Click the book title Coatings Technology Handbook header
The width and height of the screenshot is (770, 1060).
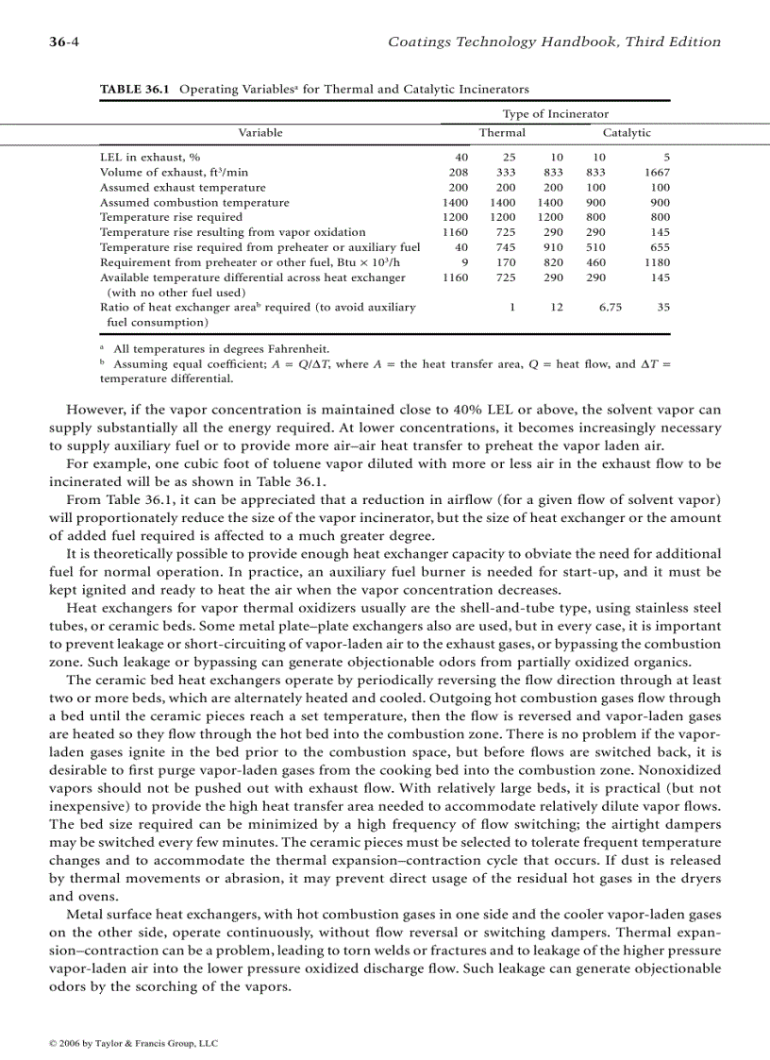point(554,42)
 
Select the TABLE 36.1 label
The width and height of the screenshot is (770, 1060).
point(136,90)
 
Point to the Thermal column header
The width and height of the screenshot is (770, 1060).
point(502,133)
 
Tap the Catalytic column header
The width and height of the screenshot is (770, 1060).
point(627,133)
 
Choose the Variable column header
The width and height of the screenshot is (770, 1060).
point(259,133)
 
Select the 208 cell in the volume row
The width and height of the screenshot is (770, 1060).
point(458,173)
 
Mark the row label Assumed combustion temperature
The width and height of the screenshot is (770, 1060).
point(194,203)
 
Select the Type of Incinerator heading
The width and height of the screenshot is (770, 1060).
point(555,114)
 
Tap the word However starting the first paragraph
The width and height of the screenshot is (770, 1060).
point(96,410)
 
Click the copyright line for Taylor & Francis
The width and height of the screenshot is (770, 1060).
point(133,1043)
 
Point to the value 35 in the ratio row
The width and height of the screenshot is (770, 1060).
point(663,308)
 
